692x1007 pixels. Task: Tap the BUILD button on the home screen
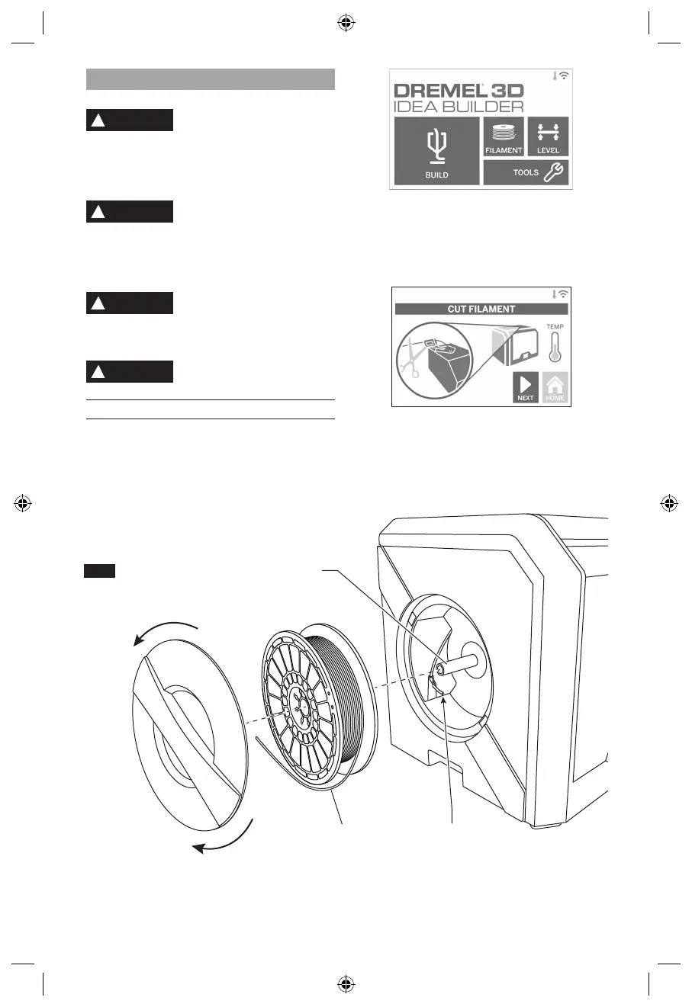(436, 151)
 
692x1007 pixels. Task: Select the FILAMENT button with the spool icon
(503, 137)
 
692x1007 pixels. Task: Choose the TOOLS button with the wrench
(526, 172)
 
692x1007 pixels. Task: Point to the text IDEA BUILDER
(458, 107)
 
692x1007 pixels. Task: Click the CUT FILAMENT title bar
(481, 309)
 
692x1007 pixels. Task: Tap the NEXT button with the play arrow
(525, 387)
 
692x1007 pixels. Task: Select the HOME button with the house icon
(555, 387)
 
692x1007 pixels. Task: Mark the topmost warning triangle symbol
(98, 120)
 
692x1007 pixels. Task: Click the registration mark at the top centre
(346, 23)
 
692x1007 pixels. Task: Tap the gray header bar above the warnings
(211, 79)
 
